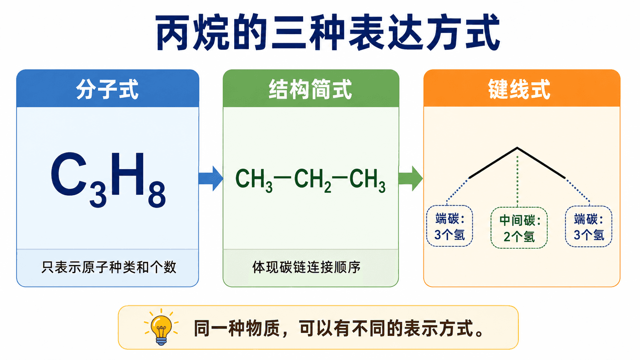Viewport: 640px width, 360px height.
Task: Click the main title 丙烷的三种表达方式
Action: coord(328,32)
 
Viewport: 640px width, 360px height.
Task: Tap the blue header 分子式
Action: coord(108,90)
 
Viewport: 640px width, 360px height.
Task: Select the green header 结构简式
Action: coord(310,90)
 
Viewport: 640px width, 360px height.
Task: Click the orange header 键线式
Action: coord(519,90)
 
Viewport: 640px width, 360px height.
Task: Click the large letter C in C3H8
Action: coord(69,174)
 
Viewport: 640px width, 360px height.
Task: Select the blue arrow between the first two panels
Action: coord(211,178)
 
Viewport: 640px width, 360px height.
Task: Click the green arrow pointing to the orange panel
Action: coord(411,178)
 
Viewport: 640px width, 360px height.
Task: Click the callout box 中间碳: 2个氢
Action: coord(519,228)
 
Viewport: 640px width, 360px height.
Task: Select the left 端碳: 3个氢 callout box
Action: coord(449,226)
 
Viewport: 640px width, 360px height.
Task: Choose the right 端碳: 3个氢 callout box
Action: coord(589,226)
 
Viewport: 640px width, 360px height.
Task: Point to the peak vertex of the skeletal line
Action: coord(517,148)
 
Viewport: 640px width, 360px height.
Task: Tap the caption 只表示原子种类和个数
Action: coord(109,267)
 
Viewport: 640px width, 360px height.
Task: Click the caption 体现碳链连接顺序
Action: coord(306,267)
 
